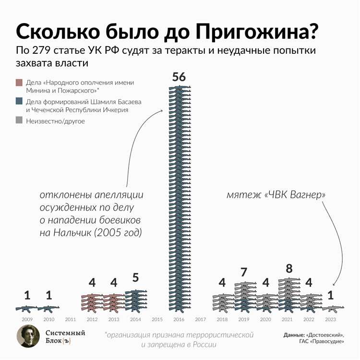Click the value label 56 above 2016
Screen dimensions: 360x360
tap(179, 77)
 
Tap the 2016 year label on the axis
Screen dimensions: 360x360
tap(179, 319)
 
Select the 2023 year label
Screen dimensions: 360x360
tap(330, 319)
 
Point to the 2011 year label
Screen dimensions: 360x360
tap(70, 319)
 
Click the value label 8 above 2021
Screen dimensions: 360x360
tap(289, 269)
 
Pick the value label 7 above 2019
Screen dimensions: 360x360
tap(244, 273)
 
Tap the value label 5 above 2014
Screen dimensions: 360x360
tap(136, 278)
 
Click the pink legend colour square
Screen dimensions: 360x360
tap(19, 83)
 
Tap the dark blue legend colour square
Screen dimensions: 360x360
tap(19, 102)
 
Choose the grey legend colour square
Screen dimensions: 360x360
tap(19, 121)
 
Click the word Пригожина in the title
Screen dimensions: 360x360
tap(259, 32)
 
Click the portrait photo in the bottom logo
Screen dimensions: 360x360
tap(28, 336)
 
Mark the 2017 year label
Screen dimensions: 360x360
tap(201, 319)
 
